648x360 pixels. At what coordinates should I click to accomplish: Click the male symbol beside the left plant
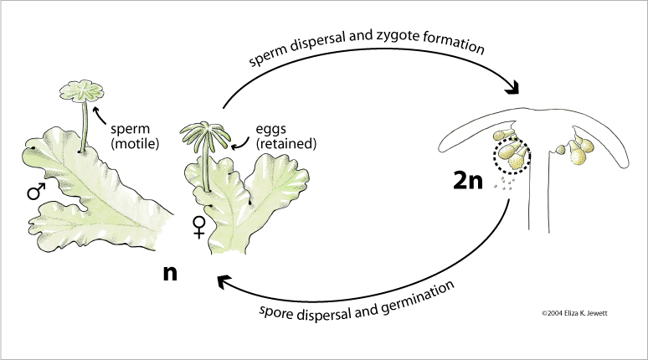click(x=35, y=193)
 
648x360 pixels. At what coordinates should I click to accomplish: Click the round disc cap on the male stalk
click(x=82, y=91)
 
